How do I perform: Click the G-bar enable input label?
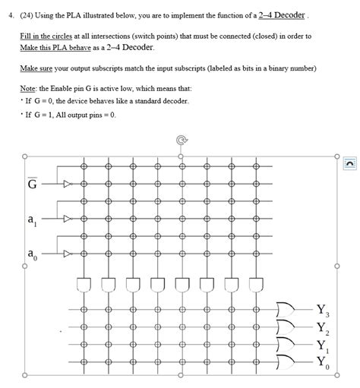pos(33,184)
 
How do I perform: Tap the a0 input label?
pos(31,255)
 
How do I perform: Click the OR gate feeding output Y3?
pos(287,310)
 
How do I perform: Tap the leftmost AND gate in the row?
pos(84,284)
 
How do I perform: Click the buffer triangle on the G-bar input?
pos(68,184)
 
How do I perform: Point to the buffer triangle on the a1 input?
pos(68,219)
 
